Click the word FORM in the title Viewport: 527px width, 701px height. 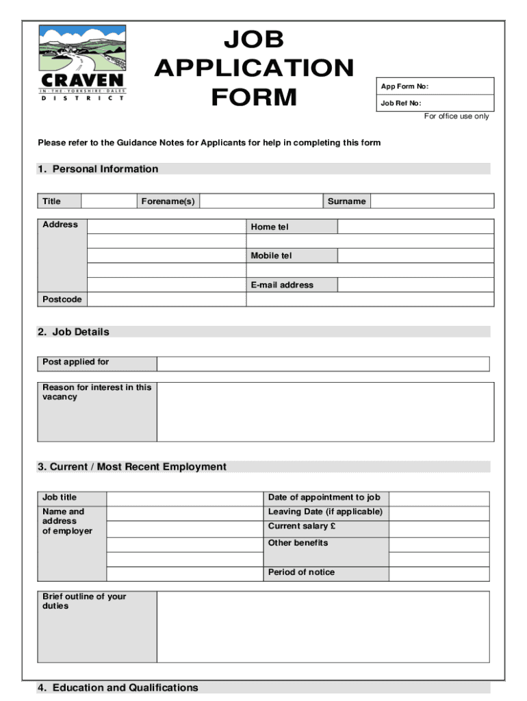(254, 97)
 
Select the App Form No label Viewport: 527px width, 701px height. (404, 86)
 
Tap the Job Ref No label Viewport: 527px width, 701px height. (401, 103)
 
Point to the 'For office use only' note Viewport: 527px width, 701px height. (457, 116)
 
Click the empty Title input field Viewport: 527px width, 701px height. (108, 201)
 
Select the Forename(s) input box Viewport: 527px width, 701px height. (261, 201)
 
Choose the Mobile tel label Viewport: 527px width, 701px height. (271, 255)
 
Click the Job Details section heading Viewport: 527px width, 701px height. (73, 332)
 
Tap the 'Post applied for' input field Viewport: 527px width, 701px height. (323, 364)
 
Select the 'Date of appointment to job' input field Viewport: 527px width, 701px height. (439, 498)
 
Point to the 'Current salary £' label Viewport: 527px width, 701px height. (302, 526)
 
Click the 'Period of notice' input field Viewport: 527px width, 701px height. (439, 573)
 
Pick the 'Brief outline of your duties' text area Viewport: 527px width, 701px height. (323, 626)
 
